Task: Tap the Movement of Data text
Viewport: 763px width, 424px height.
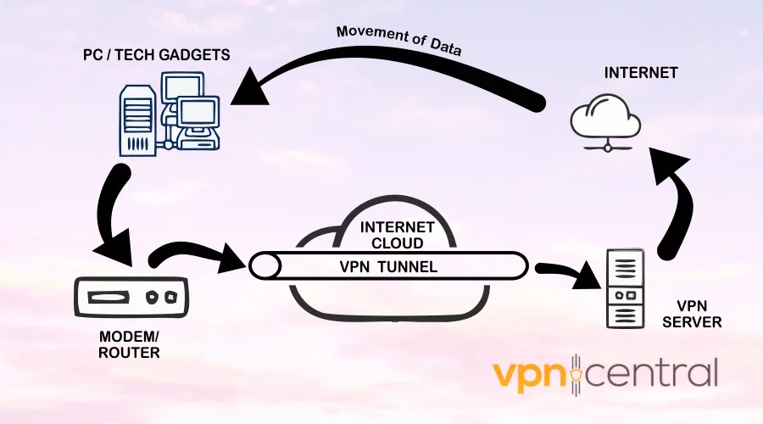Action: point(398,41)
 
